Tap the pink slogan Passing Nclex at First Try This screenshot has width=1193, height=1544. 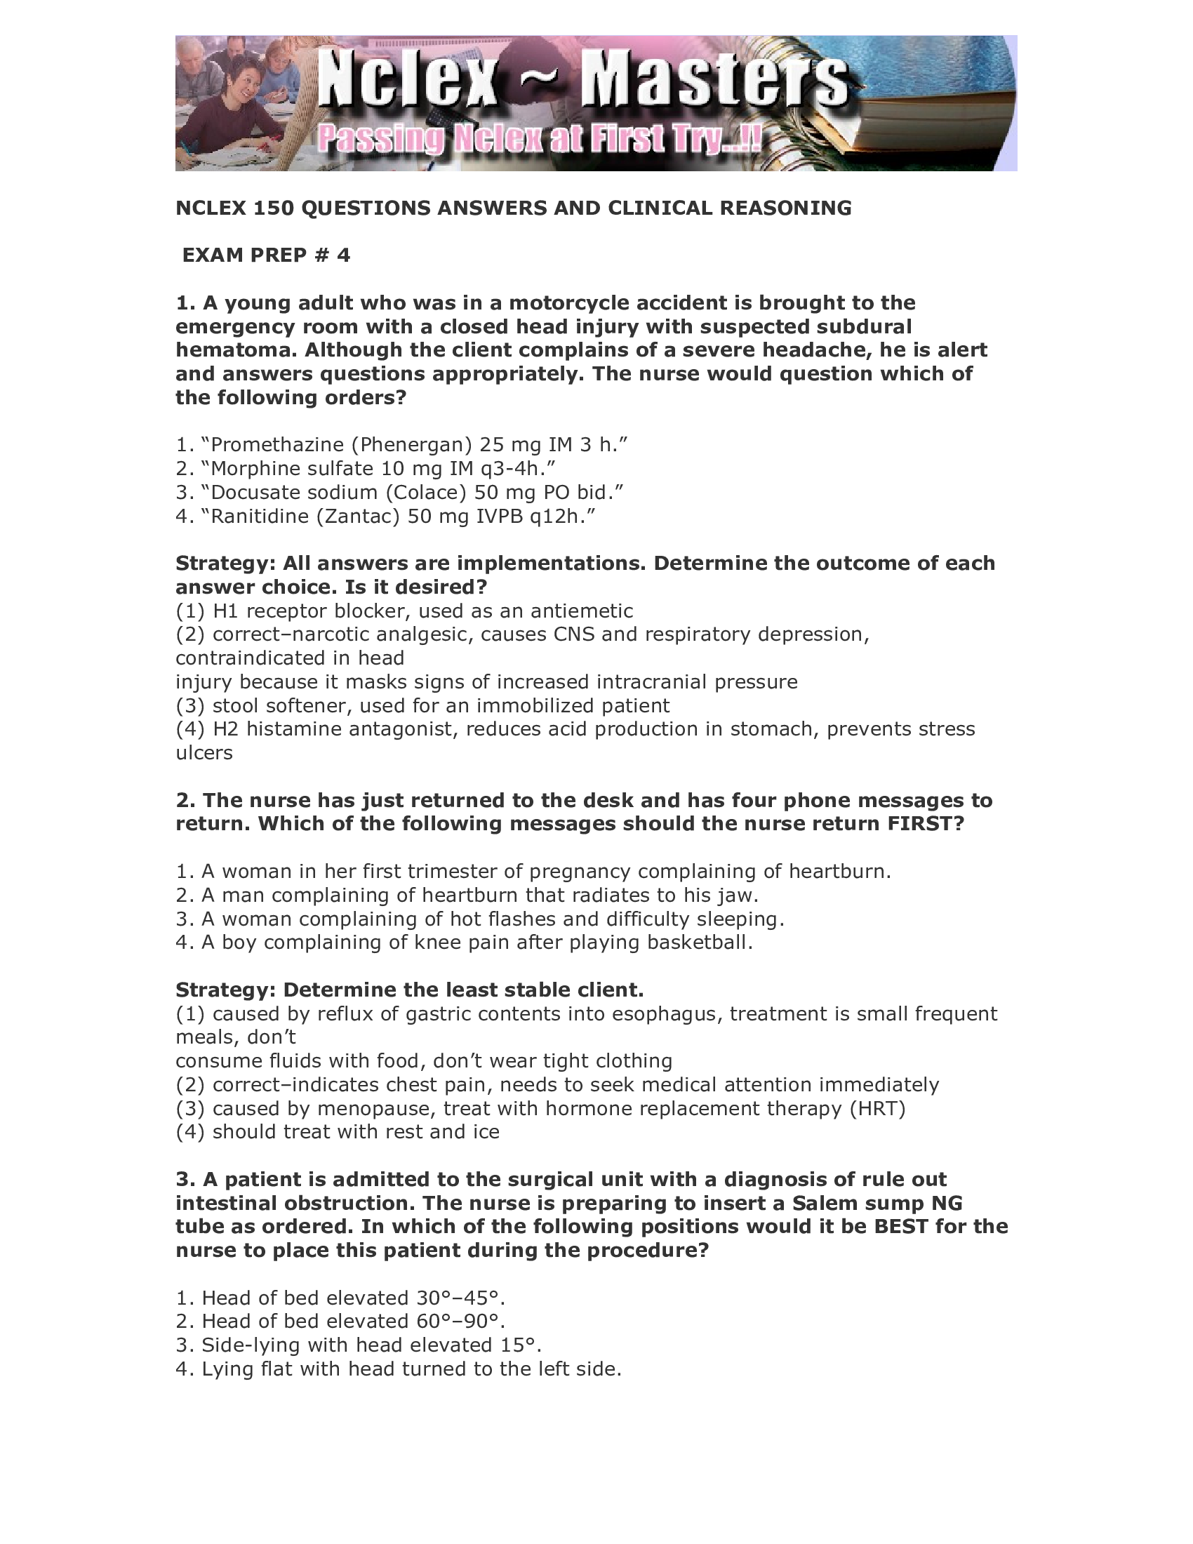tap(538, 139)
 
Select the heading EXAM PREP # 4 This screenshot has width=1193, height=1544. tap(266, 255)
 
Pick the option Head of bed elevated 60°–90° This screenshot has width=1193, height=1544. tap(340, 1322)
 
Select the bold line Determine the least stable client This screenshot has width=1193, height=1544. tap(409, 990)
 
